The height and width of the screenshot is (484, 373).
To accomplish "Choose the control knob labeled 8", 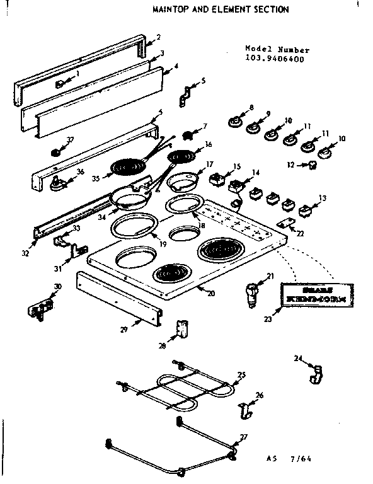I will tap(236, 120).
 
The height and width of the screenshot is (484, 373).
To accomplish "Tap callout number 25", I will tap(241, 375).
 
